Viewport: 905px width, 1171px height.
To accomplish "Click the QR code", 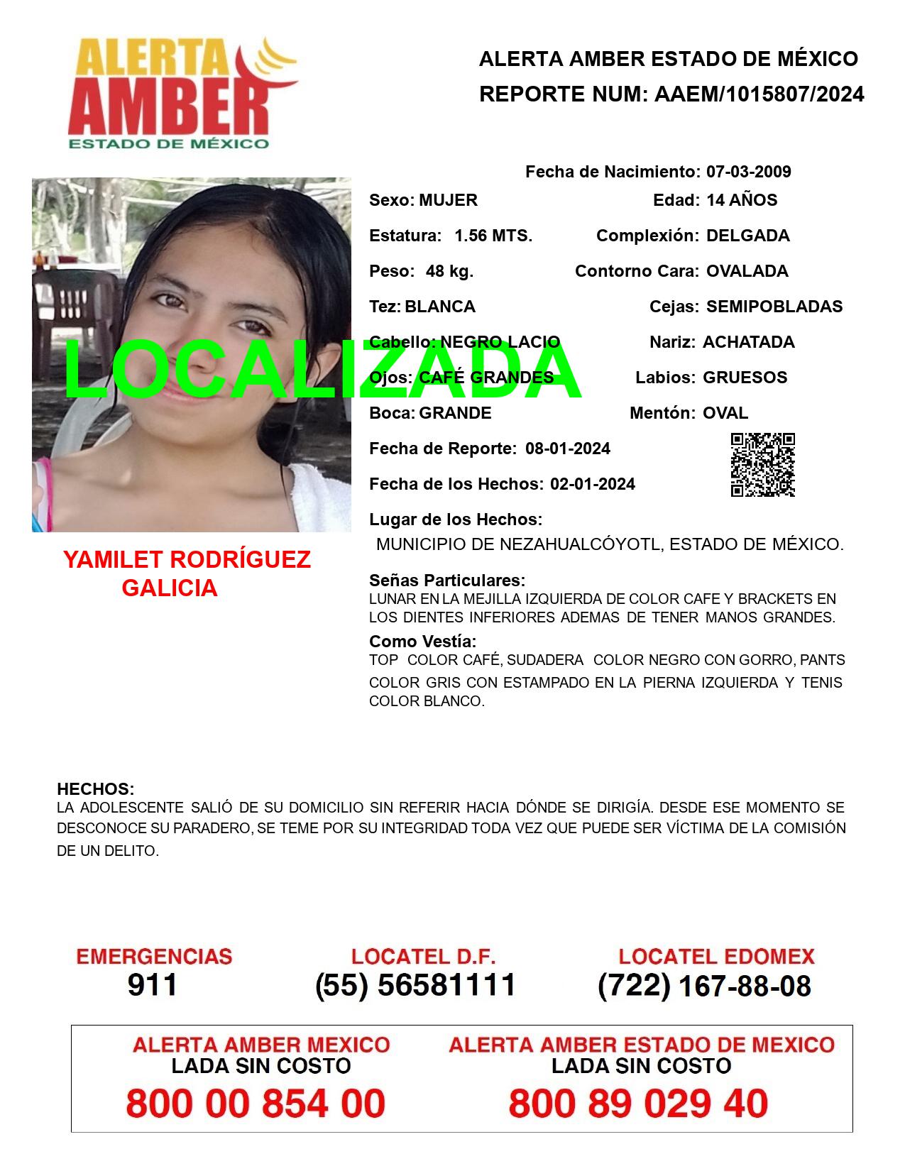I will point(762,465).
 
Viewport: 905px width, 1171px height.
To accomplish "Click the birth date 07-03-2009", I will point(748,172).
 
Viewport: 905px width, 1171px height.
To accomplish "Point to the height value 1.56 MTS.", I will point(493,236).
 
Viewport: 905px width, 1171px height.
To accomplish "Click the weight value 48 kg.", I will point(449,271).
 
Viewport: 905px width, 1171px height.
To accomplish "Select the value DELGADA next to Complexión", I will point(747,236).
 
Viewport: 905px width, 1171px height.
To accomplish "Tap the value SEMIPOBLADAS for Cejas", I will point(774,307).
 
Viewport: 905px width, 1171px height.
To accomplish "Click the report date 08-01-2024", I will point(567,449).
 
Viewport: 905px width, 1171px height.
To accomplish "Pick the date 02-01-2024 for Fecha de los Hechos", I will point(593,484).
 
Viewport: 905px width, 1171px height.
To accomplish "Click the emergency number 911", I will point(153,985).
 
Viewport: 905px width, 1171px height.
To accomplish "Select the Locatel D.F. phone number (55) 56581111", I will point(415,985).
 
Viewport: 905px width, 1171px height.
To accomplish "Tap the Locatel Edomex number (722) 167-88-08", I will point(704,985).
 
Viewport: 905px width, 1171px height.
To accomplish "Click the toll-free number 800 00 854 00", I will point(256,1104).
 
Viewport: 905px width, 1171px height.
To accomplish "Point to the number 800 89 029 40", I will point(638,1104).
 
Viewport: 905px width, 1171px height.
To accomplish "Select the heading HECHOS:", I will point(95,789).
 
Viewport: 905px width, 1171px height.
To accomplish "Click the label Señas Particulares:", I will point(447,581).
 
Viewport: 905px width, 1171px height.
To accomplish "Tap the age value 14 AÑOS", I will point(741,200).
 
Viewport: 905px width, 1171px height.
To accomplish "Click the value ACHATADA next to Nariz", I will point(748,342).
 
